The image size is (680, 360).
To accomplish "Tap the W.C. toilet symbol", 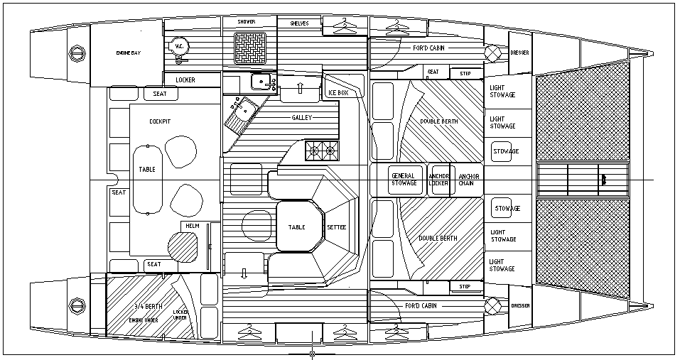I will (x=177, y=47).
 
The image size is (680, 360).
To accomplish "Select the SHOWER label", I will (x=246, y=22).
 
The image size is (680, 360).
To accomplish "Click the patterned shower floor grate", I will (x=250, y=47).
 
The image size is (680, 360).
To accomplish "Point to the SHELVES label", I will (x=299, y=23).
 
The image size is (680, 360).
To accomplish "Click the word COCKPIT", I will (x=160, y=121).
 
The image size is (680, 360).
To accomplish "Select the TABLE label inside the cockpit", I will (x=147, y=170).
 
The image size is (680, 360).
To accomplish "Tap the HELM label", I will (x=193, y=227).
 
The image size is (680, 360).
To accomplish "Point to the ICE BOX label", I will (x=338, y=93).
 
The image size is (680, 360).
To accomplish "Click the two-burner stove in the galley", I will (x=322, y=150).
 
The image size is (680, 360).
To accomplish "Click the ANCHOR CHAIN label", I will (x=468, y=179).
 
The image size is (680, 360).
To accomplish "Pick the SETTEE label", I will (x=336, y=227).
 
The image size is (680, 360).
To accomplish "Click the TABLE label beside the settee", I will (x=296, y=227).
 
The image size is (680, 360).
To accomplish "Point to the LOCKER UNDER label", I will (x=180, y=315).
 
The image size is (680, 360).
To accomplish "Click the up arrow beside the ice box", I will (x=299, y=89).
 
